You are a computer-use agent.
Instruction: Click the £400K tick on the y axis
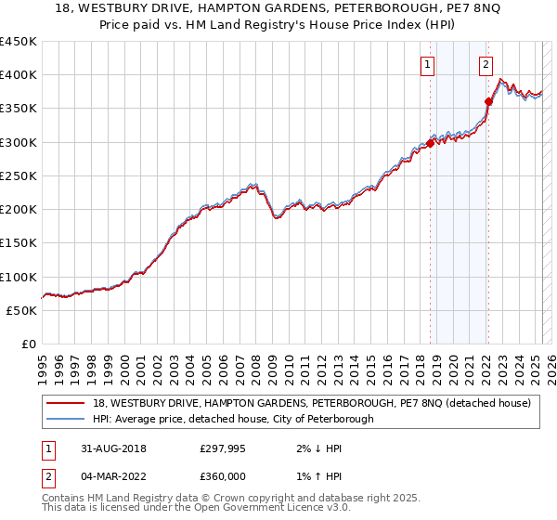pos(19,75)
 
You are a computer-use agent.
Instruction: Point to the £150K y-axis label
pos(19,243)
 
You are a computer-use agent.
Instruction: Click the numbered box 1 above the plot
pos(427,65)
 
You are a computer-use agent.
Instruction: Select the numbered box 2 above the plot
pos(486,65)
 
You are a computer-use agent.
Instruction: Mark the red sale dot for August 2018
pos(431,143)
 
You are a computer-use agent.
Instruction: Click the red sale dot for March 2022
pos(488,101)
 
